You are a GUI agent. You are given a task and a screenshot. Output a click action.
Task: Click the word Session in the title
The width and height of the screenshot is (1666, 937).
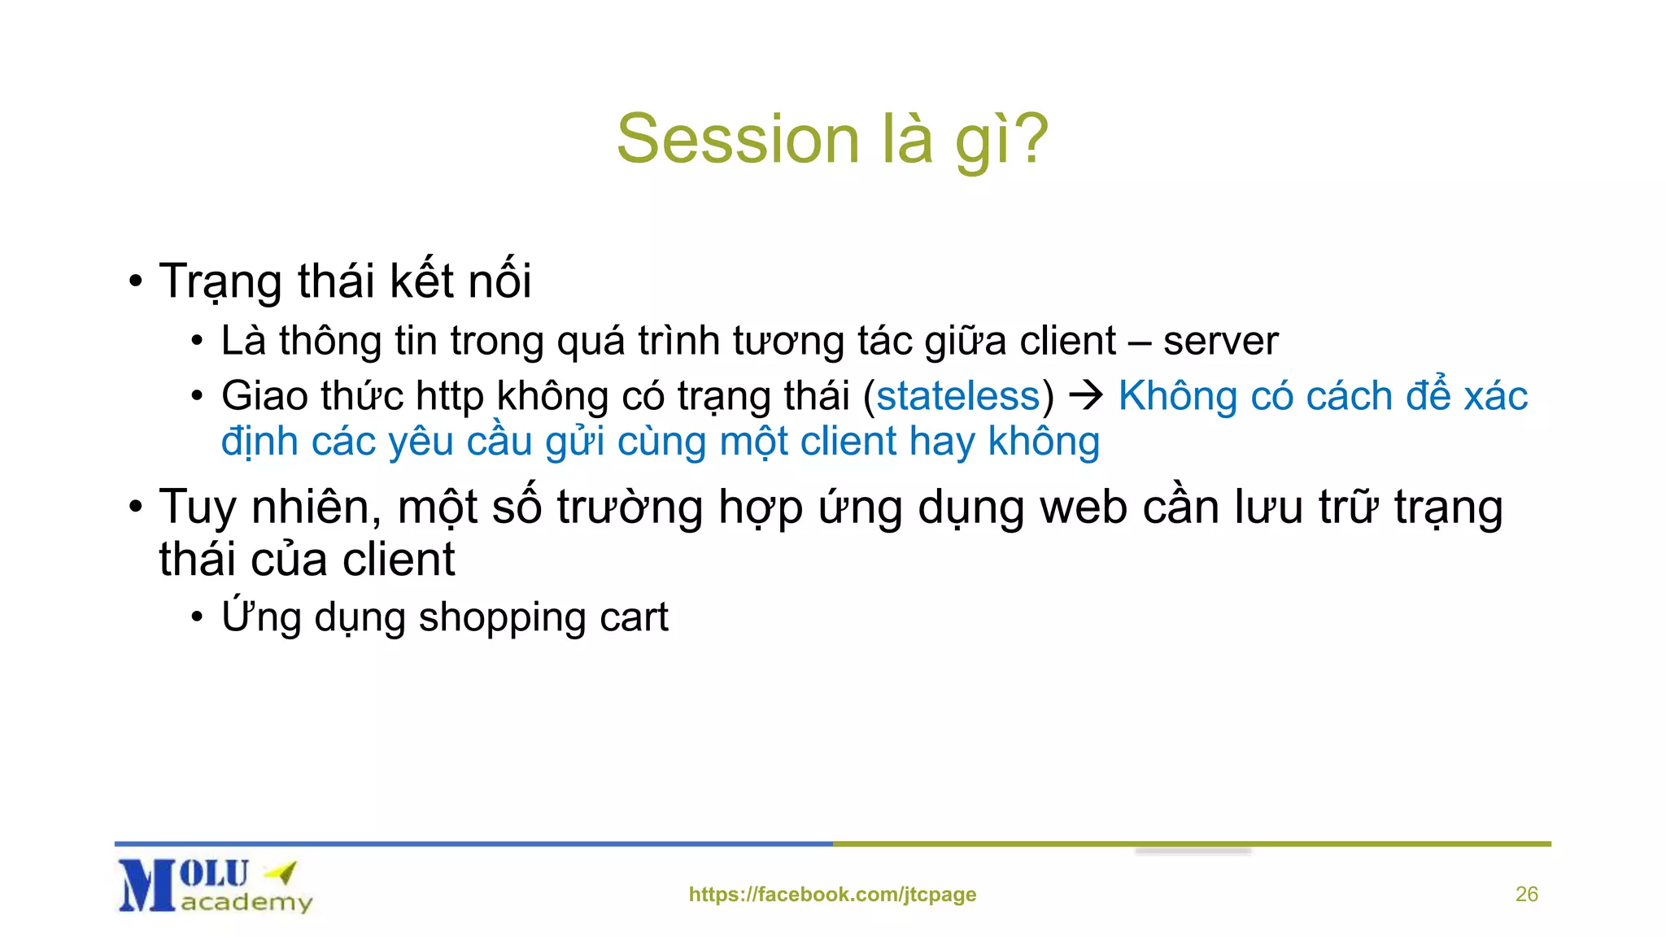tap(737, 139)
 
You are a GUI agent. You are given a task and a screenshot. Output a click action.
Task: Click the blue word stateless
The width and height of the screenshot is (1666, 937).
tap(958, 396)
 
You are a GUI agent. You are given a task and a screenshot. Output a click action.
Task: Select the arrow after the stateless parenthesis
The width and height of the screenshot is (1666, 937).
tap(1085, 396)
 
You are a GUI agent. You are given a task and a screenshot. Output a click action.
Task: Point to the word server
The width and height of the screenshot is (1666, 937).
tap(1220, 341)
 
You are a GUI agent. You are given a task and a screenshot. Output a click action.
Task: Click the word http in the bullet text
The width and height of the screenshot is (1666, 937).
tap(449, 396)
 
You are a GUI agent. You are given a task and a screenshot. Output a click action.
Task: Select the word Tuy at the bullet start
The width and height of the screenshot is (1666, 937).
tap(198, 508)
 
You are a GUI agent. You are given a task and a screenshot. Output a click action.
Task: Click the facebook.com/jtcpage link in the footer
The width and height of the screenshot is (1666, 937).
tap(832, 894)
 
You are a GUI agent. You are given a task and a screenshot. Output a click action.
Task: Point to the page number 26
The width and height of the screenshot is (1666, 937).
tap(1526, 894)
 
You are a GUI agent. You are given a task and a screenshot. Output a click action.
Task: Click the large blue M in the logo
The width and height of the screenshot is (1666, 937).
tap(146, 887)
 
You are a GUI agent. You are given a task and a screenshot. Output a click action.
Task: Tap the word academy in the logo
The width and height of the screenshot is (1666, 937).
tap(246, 902)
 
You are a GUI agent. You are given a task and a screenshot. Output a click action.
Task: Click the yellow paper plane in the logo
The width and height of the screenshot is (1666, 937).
tap(282, 873)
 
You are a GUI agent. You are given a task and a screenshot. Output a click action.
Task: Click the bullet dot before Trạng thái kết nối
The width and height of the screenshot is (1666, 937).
tap(136, 282)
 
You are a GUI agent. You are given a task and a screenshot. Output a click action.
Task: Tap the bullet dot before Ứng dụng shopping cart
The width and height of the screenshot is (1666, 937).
tap(197, 617)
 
